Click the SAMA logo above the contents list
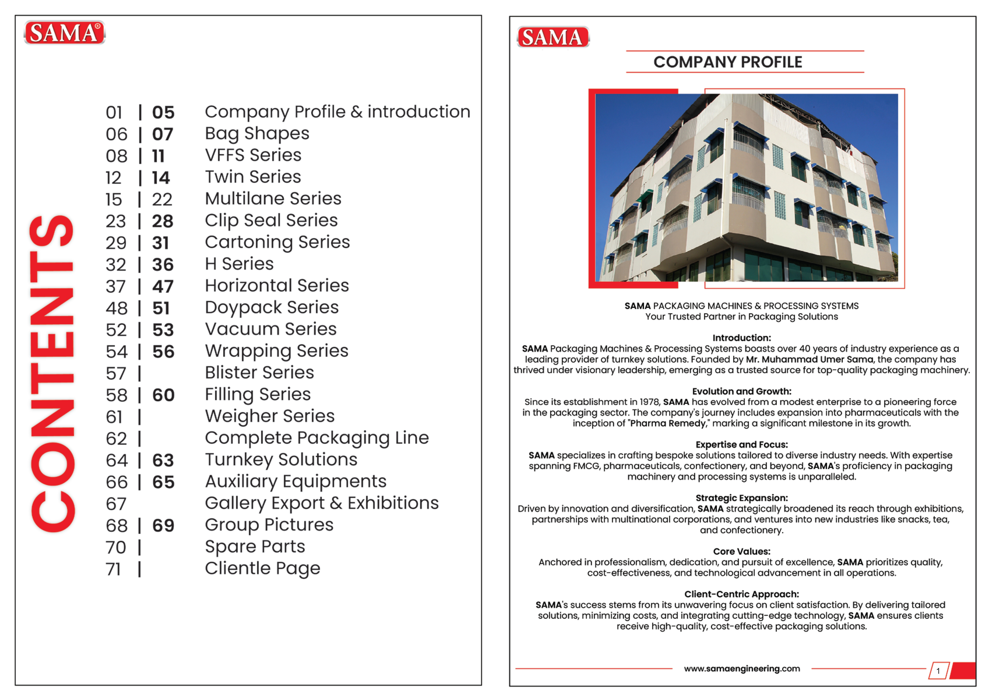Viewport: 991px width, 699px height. click(x=64, y=33)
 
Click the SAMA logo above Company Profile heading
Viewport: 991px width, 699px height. click(x=553, y=37)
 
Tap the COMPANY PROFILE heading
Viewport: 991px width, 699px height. click(x=728, y=62)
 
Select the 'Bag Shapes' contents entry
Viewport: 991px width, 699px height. click(x=257, y=134)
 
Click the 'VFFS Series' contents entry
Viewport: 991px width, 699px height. click(x=253, y=155)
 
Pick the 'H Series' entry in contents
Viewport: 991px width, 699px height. click(x=239, y=264)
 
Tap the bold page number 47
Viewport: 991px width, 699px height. click(x=163, y=287)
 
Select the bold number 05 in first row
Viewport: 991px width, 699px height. click(x=163, y=113)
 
